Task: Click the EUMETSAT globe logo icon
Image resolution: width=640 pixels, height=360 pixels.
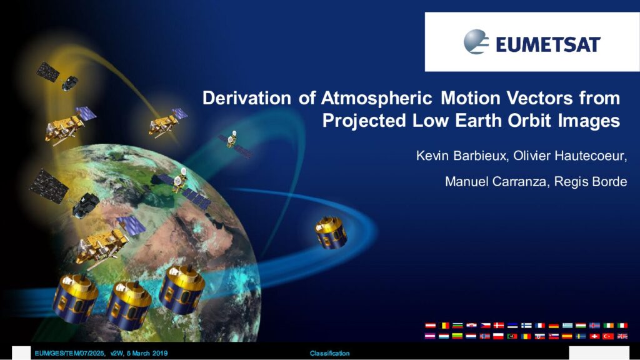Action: point(476,42)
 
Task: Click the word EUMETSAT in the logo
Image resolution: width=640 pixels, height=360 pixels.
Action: point(548,44)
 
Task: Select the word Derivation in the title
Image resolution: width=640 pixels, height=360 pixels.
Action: point(247,98)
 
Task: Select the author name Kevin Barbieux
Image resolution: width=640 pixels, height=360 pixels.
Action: point(461,156)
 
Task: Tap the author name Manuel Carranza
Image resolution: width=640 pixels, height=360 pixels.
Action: point(496,181)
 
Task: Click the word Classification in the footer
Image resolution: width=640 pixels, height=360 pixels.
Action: point(329,354)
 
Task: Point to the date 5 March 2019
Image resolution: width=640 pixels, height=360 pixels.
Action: point(147,354)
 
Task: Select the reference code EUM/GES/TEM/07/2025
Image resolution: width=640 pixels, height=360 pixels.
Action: point(69,354)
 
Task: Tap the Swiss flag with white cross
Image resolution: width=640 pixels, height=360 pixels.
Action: point(595,336)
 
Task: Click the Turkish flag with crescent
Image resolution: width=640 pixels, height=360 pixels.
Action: point(609,336)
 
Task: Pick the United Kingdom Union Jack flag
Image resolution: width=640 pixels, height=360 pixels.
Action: point(622,336)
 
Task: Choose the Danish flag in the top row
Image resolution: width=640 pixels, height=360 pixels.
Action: point(499,325)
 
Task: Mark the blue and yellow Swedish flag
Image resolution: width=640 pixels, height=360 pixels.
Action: point(581,336)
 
